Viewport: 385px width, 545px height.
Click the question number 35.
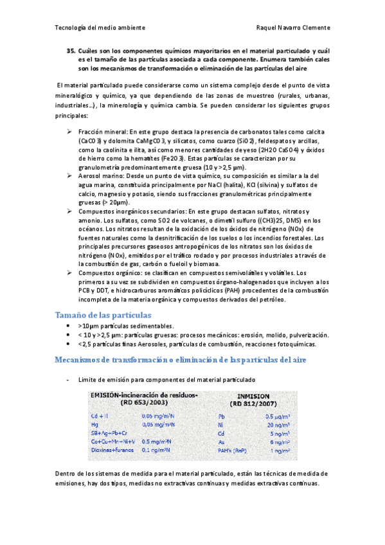(71, 50)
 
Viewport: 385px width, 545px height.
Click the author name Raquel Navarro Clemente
(292, 28)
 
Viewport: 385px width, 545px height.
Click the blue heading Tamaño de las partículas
(103, 315)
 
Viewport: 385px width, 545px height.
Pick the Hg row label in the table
(94, 424)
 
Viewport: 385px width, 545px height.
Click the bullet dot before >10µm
(69, 326)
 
